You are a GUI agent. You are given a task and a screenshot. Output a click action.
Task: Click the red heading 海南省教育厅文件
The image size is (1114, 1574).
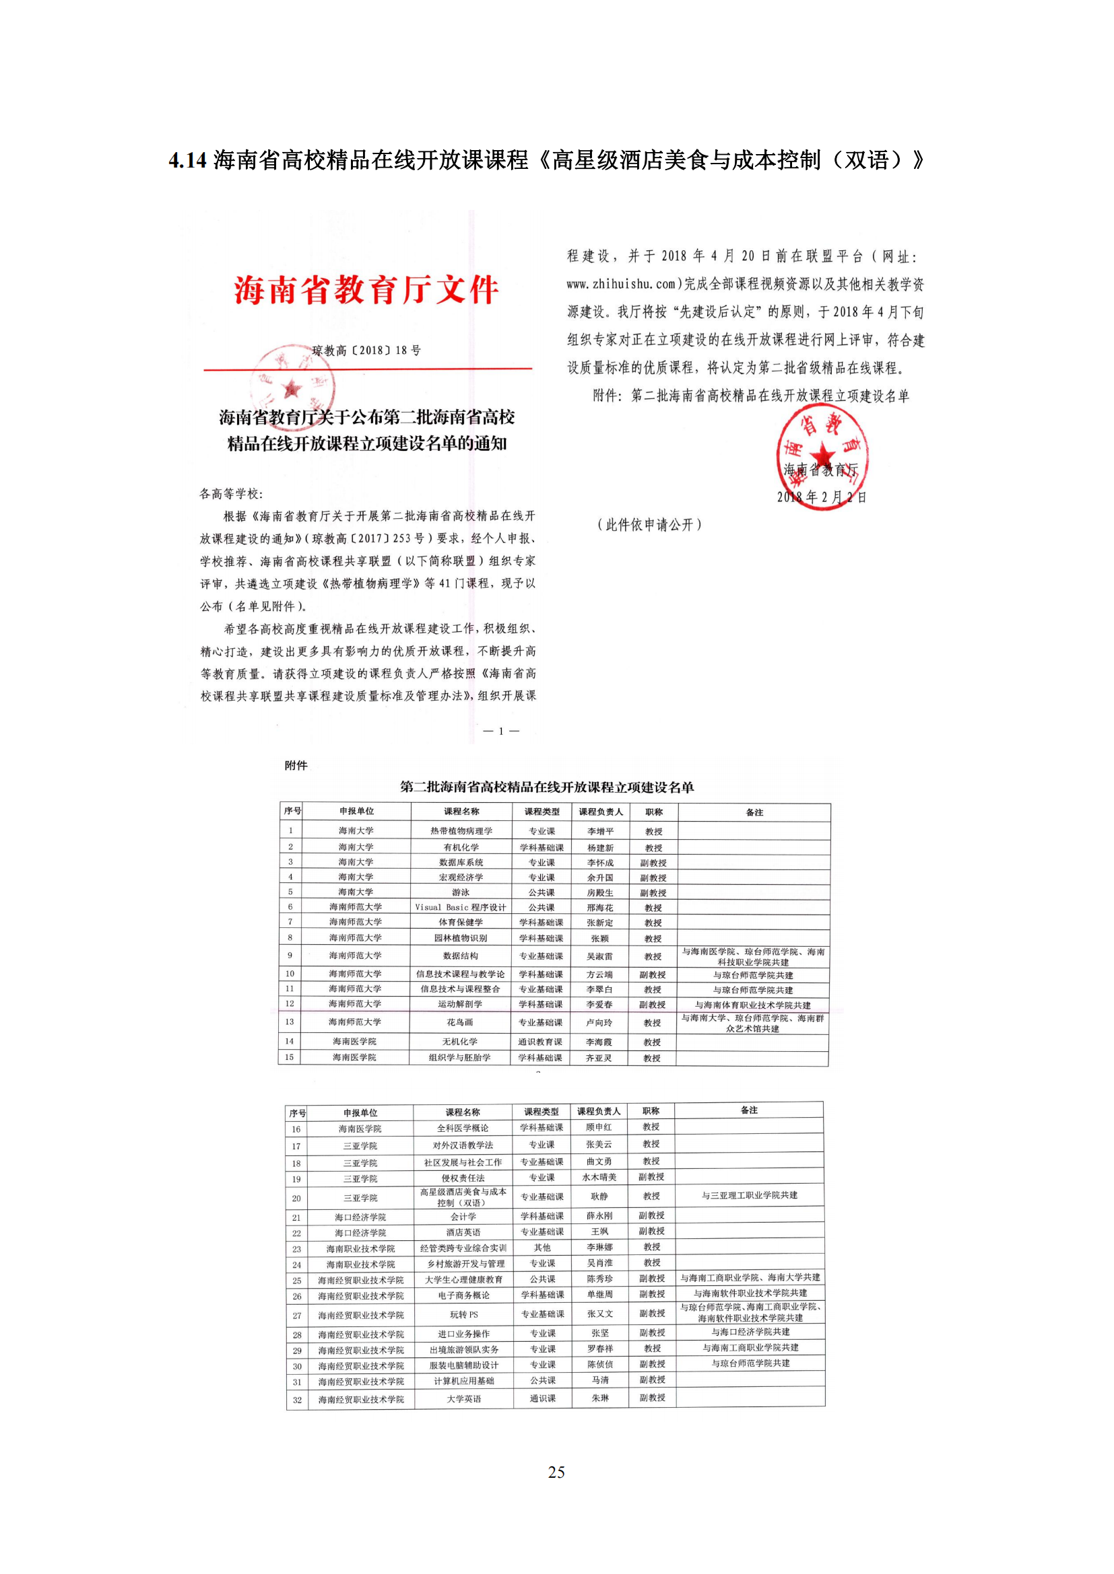[366, 290]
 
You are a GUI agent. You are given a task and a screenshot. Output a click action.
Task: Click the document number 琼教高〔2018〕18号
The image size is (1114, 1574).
[366, 351]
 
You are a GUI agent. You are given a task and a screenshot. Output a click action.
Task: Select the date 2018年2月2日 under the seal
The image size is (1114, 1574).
[821, 497]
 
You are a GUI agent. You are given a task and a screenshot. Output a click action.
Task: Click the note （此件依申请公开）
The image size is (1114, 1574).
[649, 525]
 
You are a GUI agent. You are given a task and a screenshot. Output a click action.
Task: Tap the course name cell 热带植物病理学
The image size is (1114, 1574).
[461, 831]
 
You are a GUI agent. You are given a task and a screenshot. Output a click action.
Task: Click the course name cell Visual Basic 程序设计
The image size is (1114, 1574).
[461, 907]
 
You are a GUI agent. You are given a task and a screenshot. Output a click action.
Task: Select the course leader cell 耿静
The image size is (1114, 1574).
[599, 1196]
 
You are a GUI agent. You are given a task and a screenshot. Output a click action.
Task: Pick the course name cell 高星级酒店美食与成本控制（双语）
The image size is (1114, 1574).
[463, 1197]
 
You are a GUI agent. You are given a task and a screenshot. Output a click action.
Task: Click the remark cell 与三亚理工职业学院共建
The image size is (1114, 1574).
[749, 1196]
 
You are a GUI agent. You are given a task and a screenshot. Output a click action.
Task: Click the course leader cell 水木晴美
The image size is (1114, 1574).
[599, 1177]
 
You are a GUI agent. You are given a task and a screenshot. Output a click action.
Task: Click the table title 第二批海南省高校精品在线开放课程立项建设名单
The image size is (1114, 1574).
[547, 787]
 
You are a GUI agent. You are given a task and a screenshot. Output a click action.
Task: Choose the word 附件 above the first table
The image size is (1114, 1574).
[296, 765]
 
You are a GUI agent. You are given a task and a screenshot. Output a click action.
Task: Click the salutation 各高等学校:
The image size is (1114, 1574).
[231, 493]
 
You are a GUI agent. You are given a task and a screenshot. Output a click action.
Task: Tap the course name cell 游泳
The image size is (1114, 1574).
[461, 892]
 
